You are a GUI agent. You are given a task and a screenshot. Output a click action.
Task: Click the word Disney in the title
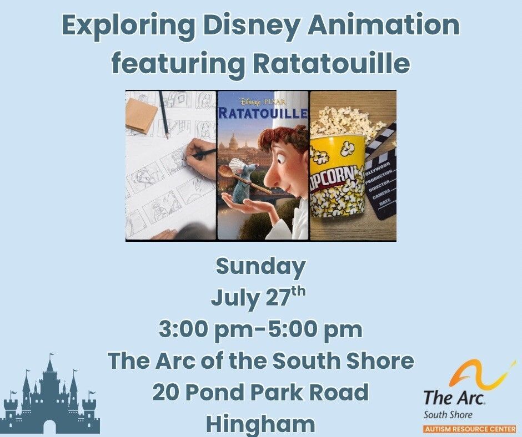[x=252, y=26]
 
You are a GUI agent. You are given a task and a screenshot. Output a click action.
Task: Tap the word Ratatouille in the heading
[x=331, y=63]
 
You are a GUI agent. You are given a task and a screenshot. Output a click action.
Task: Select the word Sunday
[x=260, y=267]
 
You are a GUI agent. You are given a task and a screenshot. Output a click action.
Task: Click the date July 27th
[x=258, y=297]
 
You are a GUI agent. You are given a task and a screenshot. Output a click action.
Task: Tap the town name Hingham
[x=260, y=424]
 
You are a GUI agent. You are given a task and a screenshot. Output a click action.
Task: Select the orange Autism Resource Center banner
[x=470, y=429]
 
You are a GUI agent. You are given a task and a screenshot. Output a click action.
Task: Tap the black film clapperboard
[x=382, y=173]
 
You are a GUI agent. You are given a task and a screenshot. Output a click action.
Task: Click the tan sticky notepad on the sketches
[x=141, y=116]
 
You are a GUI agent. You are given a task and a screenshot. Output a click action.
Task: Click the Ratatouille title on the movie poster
[x=263, y=113]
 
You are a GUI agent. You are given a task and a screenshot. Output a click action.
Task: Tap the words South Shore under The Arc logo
[x=448, y=415]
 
